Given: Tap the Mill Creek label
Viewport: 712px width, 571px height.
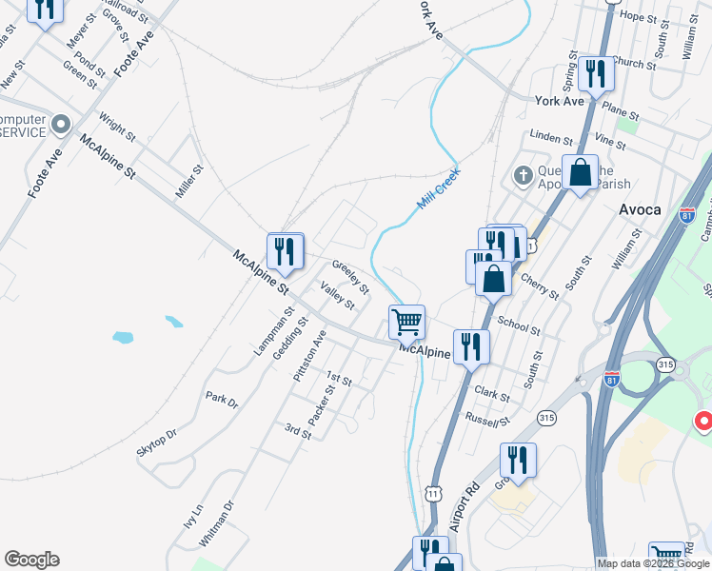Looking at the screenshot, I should pyautogui.click(x=438, y=190).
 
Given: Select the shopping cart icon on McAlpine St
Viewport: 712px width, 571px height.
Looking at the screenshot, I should pyautogui.click(x=406, y=322).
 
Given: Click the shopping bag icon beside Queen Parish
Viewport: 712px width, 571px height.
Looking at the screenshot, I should pyautogui.click(x=580, y=174).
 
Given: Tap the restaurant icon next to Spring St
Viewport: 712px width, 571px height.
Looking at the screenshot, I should pyautogui.click(x=596, y=73).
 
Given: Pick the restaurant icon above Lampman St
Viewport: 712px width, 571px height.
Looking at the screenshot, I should pyautogui.click(x=285, y=250).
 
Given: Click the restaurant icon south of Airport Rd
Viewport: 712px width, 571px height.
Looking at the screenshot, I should pyautogui.click(x=517, y=461).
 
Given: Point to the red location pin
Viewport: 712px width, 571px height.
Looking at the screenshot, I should pyautogui.click(x=703, y=420).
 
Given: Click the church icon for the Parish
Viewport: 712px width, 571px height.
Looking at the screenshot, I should pyautogui.click(x=523, y=175).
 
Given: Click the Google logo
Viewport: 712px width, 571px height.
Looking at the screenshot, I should pyautogui.click(x=31, y=560).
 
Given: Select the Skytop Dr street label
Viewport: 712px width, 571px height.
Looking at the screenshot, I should pyautogui.click(x=157, y=442).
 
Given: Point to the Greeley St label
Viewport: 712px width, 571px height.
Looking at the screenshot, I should pyautogui.click(x=350, y=275).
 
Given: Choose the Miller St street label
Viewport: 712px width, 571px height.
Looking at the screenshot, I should pyautogui.click(x=189, y=182).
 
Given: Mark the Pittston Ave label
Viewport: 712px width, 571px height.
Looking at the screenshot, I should pyautogui.click(x=309, y=356).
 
